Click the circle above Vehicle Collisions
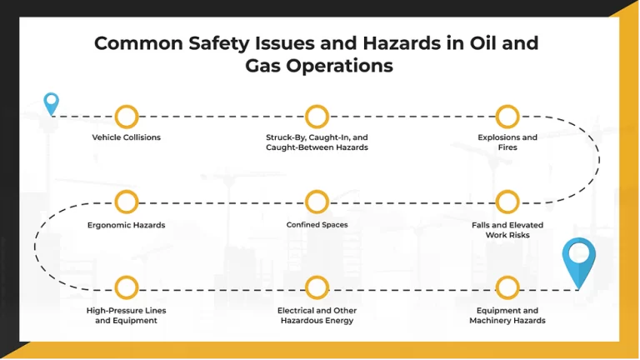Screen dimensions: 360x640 pos(127,116)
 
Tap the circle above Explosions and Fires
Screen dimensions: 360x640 pos(507,116)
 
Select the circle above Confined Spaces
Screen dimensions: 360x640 pos(317,202)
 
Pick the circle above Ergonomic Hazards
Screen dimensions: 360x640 pos(127,202)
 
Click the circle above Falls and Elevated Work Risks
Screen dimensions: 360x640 pos(507,202)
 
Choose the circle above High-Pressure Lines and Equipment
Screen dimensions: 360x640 pos(127,288)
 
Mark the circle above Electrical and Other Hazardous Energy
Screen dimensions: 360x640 pos(317,288)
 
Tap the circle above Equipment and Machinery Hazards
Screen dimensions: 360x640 pos(507,288)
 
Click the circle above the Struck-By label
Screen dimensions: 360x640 pos(317,116)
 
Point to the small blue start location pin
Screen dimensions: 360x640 pos(52,102)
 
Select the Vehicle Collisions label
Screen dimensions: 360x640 pos(127,137)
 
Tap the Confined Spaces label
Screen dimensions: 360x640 pos(317,224)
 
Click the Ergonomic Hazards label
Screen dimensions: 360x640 pos(127,225)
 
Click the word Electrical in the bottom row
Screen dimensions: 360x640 pos(297,311)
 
